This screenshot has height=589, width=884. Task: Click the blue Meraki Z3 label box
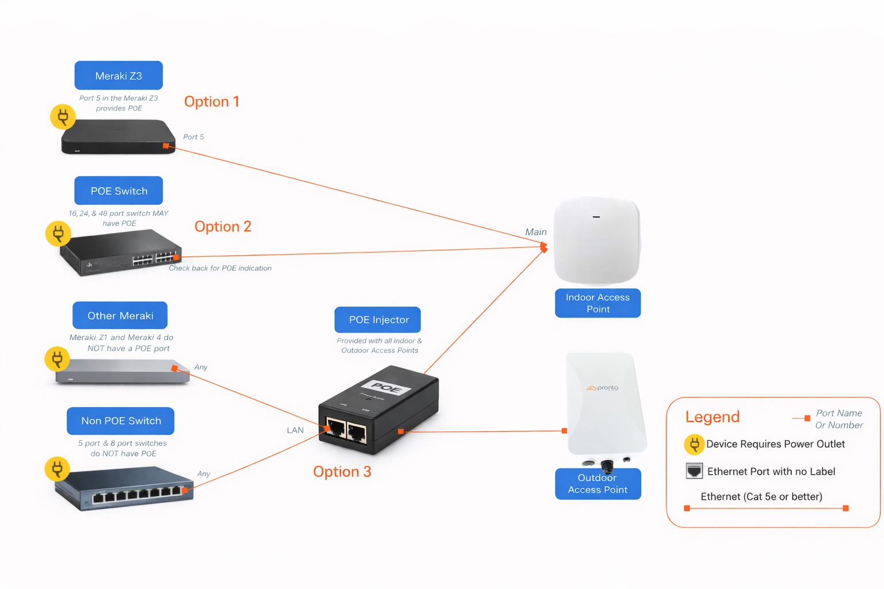119,76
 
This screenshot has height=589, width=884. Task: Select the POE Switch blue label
119,191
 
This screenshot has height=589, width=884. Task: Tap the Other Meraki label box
120,316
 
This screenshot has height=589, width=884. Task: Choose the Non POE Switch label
121,421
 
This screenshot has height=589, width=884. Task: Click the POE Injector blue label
378,320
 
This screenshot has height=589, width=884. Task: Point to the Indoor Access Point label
597,303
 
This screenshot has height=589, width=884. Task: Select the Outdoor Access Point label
597,484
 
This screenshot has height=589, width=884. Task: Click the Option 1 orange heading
211,102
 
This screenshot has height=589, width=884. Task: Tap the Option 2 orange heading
223,227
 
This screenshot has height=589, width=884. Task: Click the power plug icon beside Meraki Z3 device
63,117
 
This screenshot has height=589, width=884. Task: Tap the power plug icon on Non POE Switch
57,469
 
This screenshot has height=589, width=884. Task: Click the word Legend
712,417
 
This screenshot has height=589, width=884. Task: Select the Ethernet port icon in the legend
694,471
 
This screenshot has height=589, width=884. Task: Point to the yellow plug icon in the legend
694,444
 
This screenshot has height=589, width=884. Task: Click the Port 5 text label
193,137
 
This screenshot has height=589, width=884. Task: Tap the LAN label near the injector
295,430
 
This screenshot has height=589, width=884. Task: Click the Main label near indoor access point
536,232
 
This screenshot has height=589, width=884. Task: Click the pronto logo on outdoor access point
603,388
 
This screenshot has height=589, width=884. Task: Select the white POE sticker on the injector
386,388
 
